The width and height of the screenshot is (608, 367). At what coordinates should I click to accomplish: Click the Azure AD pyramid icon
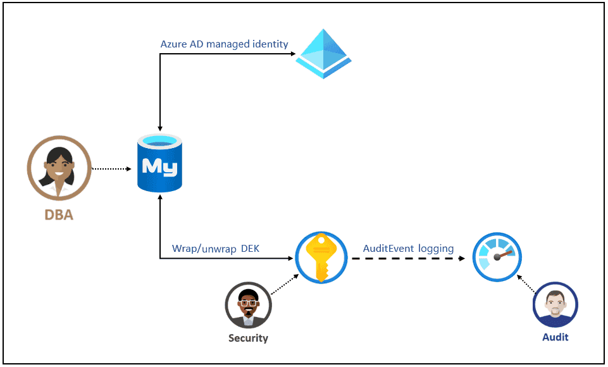[324, 54]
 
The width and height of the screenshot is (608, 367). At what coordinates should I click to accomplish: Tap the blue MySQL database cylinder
[159, 163]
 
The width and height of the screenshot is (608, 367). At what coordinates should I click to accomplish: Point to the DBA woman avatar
[59, 168]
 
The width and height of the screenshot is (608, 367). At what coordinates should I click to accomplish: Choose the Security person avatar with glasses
[248, 305]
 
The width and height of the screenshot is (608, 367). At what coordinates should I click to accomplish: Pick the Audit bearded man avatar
[555, 305]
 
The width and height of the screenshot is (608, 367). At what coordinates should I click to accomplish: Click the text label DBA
[59, 215]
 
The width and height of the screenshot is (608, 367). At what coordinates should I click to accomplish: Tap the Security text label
[248, 338]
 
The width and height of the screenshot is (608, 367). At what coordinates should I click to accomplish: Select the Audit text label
[555, 337]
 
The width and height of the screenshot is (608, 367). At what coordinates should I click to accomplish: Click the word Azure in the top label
[173, 44]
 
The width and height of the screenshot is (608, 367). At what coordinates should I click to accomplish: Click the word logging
[436, 249]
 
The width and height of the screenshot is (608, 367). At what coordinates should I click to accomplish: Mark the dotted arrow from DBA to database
[111, 169]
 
